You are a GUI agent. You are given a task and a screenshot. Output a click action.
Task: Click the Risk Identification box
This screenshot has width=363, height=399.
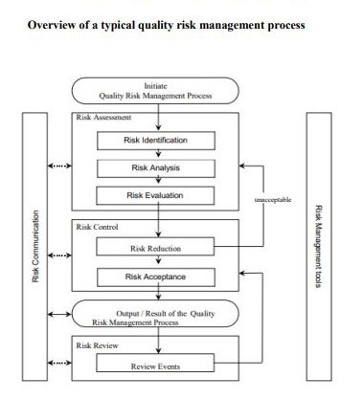(x=155, y=141)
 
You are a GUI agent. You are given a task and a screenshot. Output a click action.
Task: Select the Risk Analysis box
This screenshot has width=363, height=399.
(x=155, y=168)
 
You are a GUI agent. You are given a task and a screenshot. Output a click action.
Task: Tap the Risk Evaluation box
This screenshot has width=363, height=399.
(x=155, y=196)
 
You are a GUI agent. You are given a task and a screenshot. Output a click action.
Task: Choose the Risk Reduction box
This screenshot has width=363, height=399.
(x=155, y=249)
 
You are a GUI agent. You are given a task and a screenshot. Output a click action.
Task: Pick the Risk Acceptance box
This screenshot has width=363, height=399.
(x=155, y=277)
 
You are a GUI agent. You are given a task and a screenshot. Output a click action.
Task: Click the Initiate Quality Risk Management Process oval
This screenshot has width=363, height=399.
(x=154, y=91)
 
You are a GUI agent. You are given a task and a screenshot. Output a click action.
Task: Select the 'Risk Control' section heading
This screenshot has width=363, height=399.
(x=98, y=228)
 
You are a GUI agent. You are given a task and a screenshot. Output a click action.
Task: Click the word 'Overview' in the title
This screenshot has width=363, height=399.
(x=57, y=25)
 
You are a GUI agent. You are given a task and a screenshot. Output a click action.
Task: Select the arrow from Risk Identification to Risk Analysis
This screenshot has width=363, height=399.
(x=155, y=154)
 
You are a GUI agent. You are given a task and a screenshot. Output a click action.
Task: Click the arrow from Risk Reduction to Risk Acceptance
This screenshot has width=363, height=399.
(x=155, y=263)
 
